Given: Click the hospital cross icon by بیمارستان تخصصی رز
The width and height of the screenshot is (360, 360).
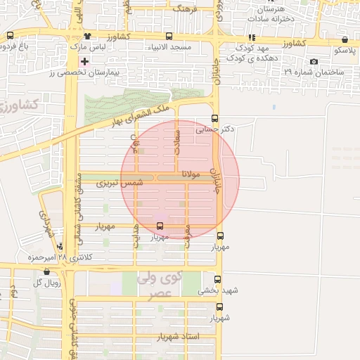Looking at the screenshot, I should click(x=84, y=62).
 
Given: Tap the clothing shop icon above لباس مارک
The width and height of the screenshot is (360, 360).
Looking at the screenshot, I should click(x=87, y=36).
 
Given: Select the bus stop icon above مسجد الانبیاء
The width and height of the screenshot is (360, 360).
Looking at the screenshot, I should click(x=169, y=36).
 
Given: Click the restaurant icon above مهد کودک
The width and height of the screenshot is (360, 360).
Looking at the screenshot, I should click(x=252, y=38).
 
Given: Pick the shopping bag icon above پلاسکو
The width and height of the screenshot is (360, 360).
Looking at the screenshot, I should click(x=345, y=41).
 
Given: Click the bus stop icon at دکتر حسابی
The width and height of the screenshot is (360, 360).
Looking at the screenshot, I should click(x=214, y=119).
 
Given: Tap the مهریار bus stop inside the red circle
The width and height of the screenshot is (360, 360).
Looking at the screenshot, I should click(x=160, y=226).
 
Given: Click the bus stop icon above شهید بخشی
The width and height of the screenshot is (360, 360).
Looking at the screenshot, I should click(x=217, y=279).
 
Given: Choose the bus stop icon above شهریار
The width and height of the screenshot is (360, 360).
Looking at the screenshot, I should click(x=219, y=307).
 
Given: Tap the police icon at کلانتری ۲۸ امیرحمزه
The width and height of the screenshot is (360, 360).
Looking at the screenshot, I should click(x=61, y=247).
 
